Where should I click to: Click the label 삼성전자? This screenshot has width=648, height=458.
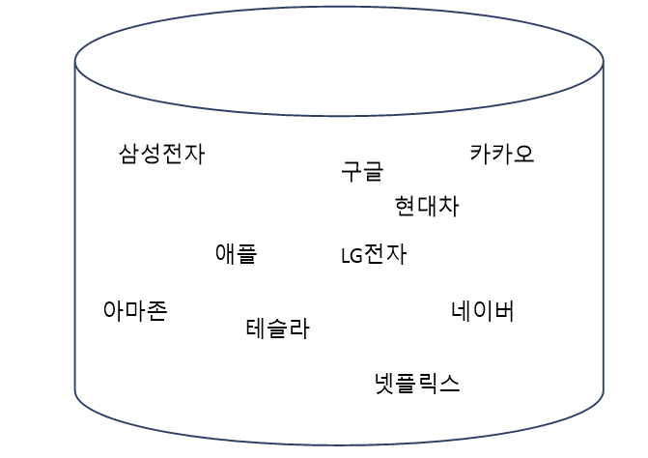161,154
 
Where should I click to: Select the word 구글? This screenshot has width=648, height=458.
362,171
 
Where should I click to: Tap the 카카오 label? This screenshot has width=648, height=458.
501,153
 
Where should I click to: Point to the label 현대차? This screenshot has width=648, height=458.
427,206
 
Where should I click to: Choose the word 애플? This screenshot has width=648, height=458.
236,253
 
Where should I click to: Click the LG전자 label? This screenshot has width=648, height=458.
374,254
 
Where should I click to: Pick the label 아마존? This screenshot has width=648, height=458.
134,310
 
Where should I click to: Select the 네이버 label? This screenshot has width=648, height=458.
483,310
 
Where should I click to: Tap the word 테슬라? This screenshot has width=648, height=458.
277,329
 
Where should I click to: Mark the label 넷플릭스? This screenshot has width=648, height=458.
417,383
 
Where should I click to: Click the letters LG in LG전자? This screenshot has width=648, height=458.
351,256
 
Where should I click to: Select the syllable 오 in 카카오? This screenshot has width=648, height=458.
523,153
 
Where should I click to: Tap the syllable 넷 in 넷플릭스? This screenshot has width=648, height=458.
385,383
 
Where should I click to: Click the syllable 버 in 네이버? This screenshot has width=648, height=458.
504,310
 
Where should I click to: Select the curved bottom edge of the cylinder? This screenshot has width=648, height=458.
339,444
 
